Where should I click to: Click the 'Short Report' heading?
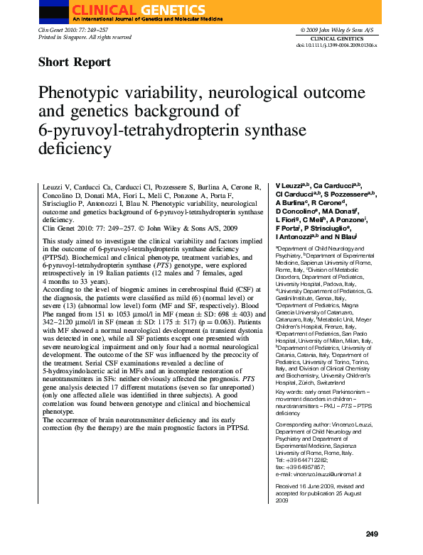coord(74,62)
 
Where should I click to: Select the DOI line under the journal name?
coord(336,45)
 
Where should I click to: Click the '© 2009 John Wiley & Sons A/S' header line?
coord(338,31)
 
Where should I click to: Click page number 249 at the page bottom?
coord(371,534)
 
